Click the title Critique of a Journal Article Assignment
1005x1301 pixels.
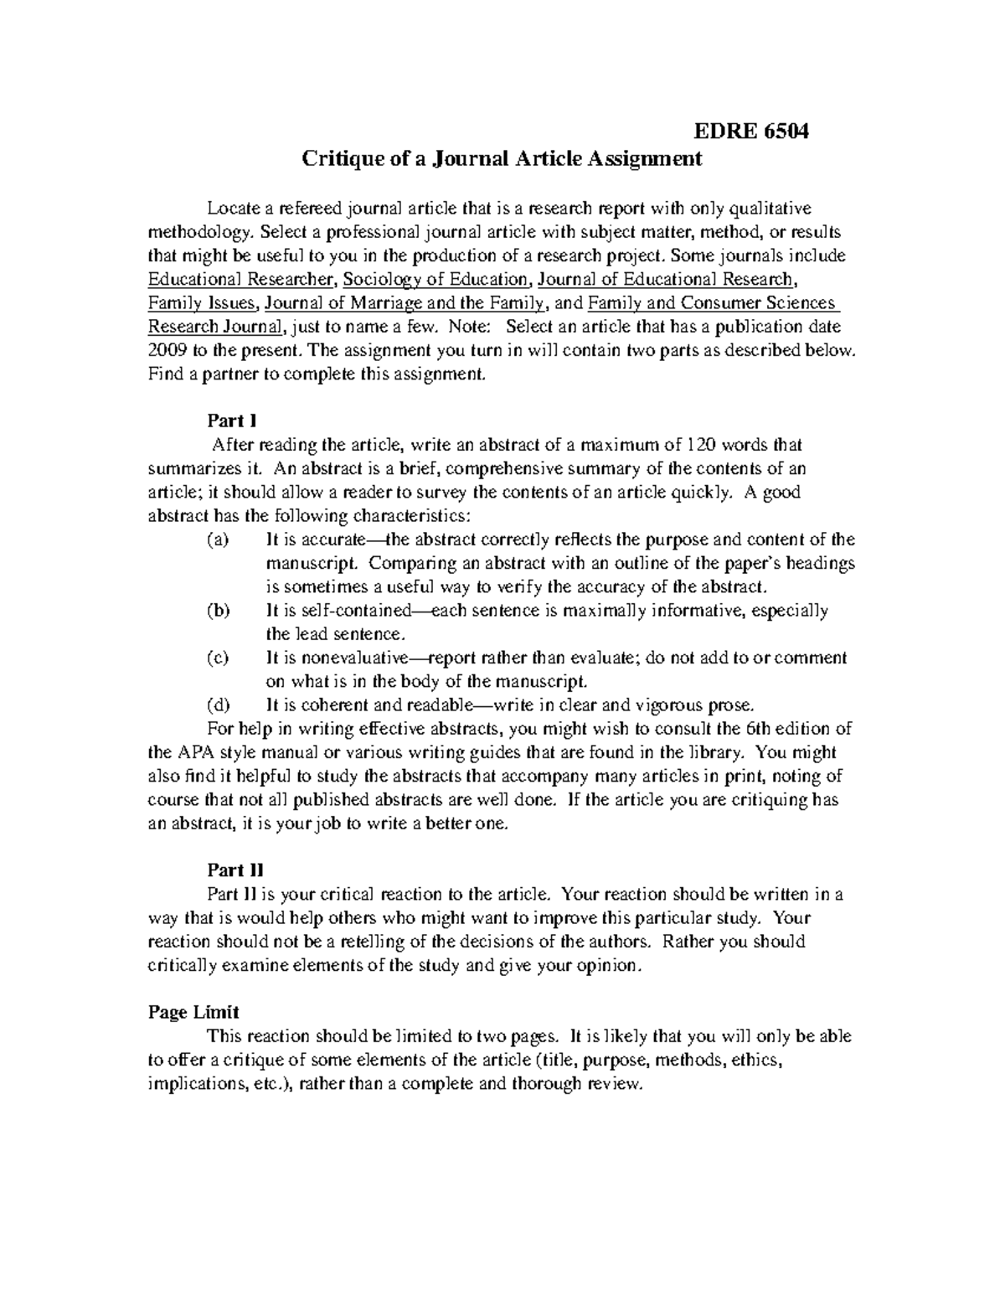[502, 158]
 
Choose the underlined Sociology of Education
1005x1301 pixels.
[435, 279]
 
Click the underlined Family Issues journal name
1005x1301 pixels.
[198, 302]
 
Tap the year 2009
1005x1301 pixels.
[168, 350]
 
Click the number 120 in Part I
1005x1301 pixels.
[701, 444]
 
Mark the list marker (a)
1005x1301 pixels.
[217, 540]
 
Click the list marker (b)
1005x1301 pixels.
[217, 610]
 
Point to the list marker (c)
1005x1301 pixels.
[217, 658]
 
